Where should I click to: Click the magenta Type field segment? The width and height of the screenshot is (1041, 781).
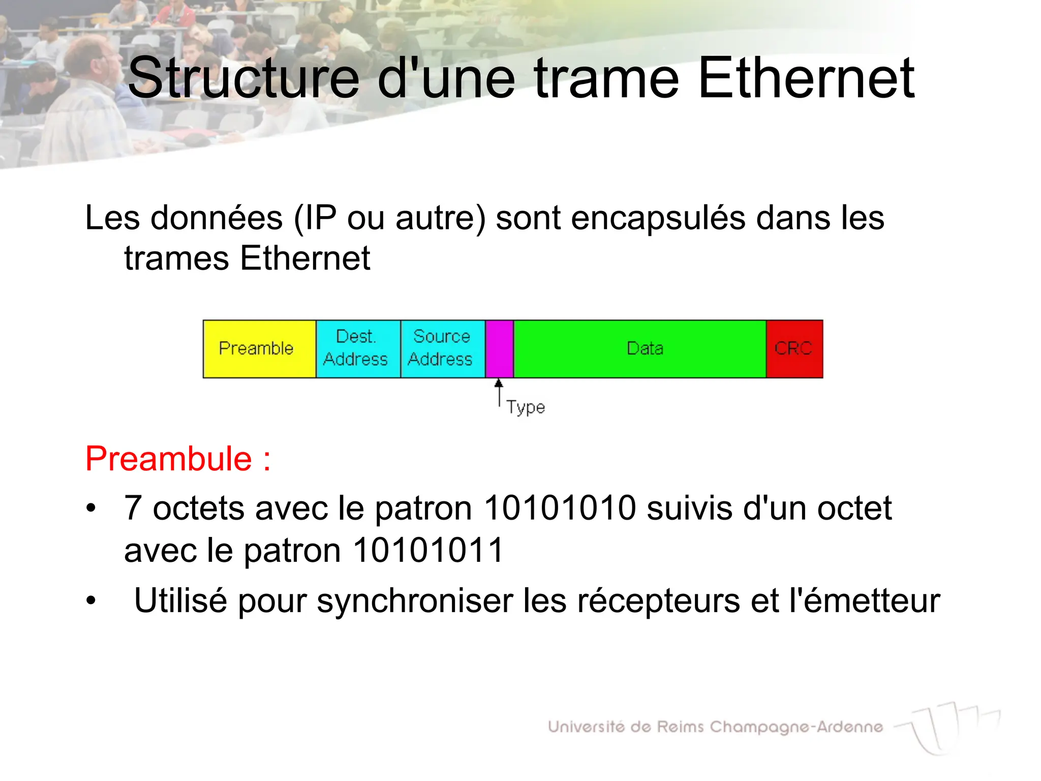[x=499, y=349]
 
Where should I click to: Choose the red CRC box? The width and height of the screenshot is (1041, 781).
[x=794, y=349]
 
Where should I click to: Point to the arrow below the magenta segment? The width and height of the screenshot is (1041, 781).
[x=499, y=393]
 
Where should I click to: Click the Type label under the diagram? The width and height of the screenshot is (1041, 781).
[x=526, y=408]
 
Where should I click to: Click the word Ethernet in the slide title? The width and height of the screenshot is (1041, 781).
[x=806, y=79]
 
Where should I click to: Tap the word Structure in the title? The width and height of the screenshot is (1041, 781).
[x=244, y=79]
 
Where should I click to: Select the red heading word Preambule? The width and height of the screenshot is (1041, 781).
[x=169, y=459]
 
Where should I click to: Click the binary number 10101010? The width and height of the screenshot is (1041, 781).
[x=560, y=508]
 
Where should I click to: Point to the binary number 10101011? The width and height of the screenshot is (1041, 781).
[x=428, y=550]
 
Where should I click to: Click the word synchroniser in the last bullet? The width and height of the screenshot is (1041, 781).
[x=415, y=602]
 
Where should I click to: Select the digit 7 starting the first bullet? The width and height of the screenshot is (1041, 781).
[x=133, y=508]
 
